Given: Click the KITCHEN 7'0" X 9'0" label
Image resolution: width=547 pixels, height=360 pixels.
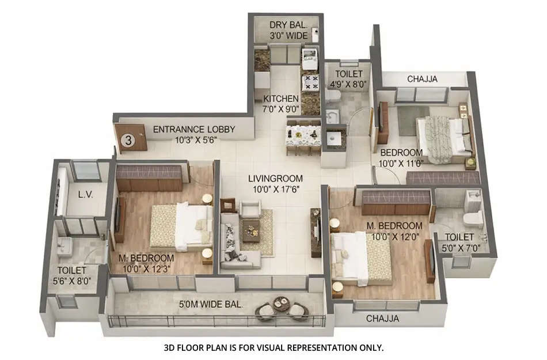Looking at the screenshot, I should (281, 104).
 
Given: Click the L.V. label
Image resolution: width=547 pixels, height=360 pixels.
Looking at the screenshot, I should (86, 195).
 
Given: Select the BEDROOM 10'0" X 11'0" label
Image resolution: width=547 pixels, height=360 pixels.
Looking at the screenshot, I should (401, 158).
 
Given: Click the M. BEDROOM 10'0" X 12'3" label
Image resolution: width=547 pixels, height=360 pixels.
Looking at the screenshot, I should (146, 263).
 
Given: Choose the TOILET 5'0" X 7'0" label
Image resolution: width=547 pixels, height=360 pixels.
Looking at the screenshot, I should (459, 242).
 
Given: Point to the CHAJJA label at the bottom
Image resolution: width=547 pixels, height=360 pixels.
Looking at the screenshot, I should (383, 318).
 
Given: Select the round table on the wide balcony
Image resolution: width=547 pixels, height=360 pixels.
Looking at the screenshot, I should (282, 305).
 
